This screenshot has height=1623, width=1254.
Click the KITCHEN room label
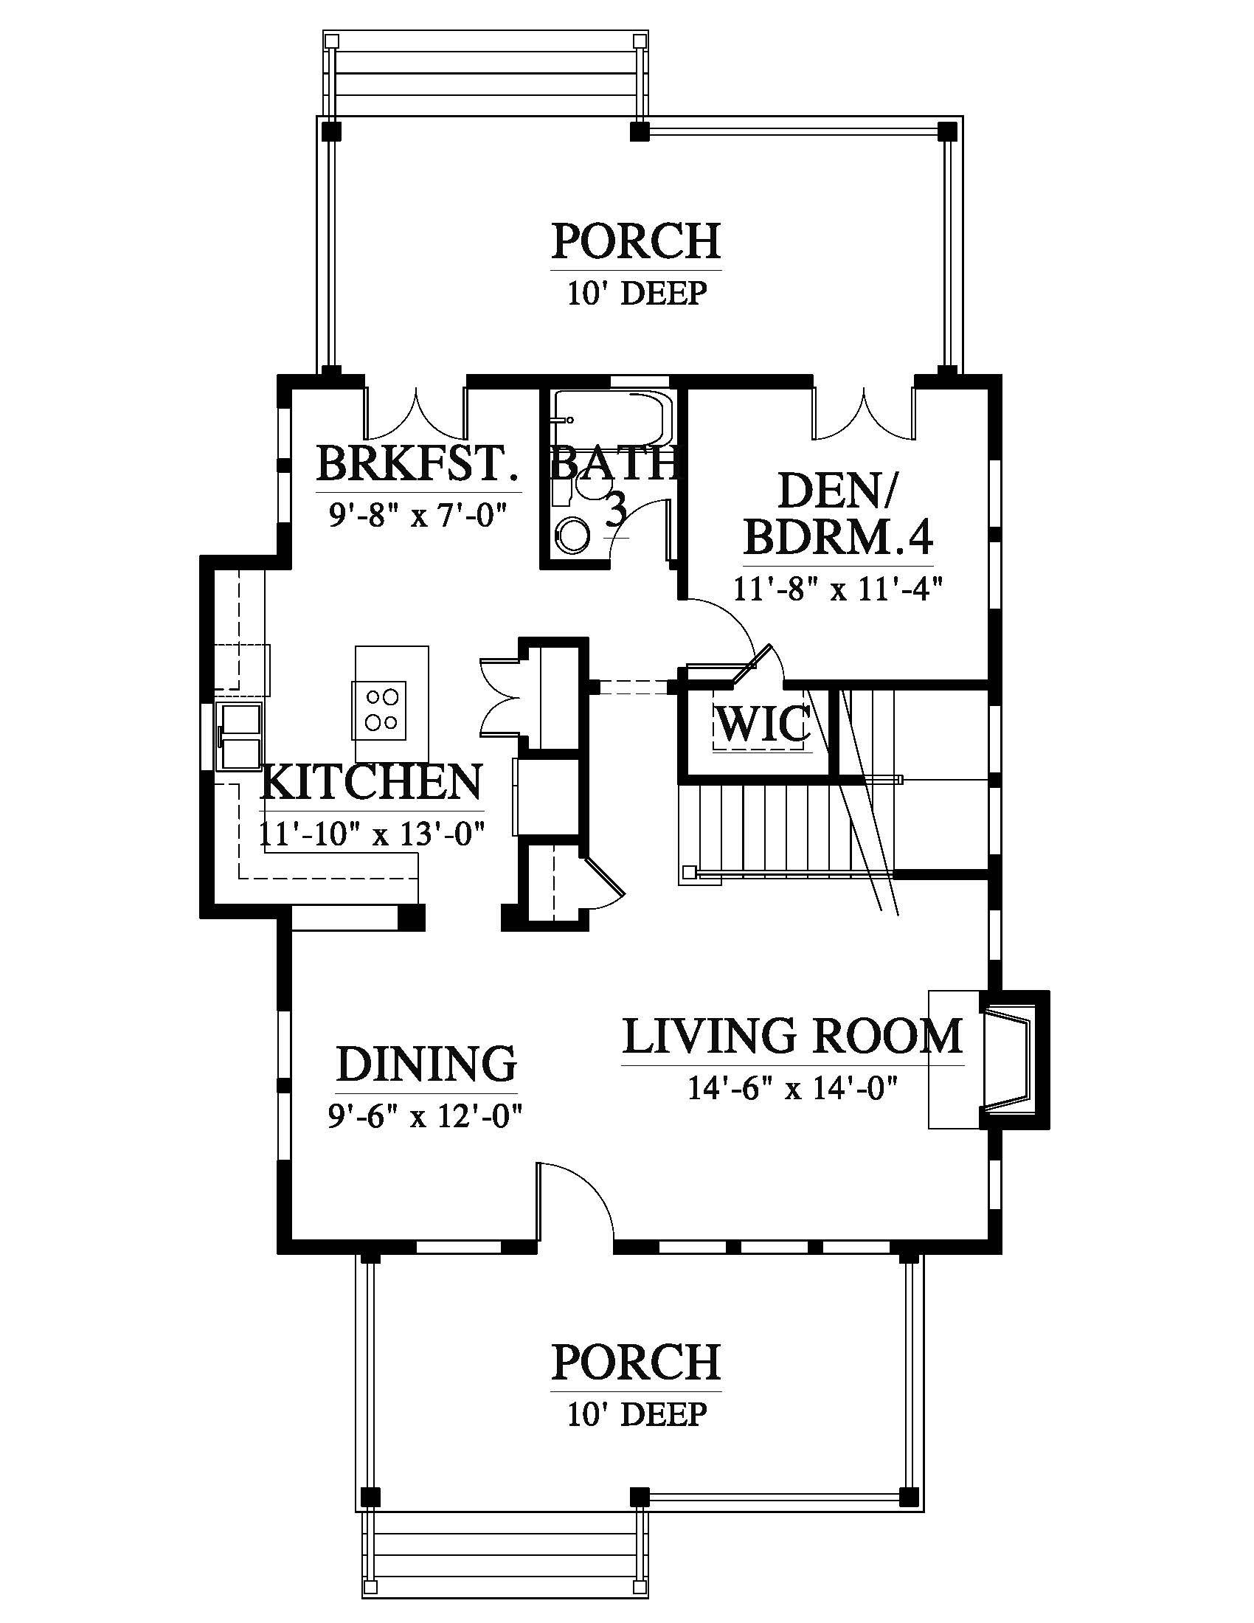click(x=373, y=781)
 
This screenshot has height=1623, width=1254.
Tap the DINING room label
click(x=426, y=1063)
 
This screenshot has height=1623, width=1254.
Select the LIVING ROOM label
click(x=793, y=1036)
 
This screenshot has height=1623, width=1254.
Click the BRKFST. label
click(x=417, y=464)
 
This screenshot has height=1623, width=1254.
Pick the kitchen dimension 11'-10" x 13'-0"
click(x=373, y=833)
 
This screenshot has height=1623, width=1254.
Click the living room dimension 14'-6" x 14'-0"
click(x=793, y=1089)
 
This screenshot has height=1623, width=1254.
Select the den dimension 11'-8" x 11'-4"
click(x=838, y=589)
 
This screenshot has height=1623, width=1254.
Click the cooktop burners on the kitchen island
click(x=381, y=709)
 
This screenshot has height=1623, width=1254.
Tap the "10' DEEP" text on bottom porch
click(x=637, y=1413)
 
